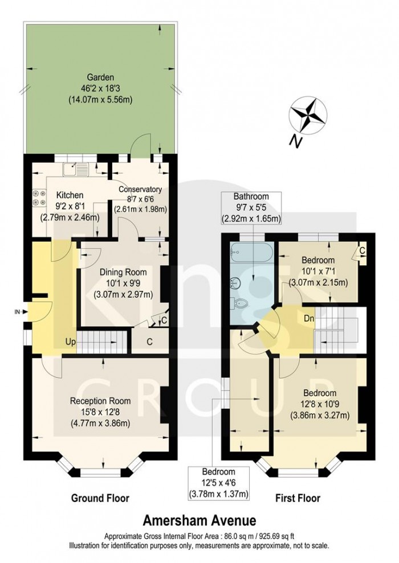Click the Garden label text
pyautogui.click(x=100, y=77)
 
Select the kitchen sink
pyautogui.click(x=77, y=169)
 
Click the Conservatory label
pyautogui.click(x=140, y=190)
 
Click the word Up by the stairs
pyautogui.click(x=70, y=342)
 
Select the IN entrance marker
pyautogui.click(x=17, y=311)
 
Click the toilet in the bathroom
pyautogui.click(x=242, y=307)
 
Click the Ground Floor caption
pyautogui.click(x=100, y=498)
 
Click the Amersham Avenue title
pyautogui.click(x=199, y=520)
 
